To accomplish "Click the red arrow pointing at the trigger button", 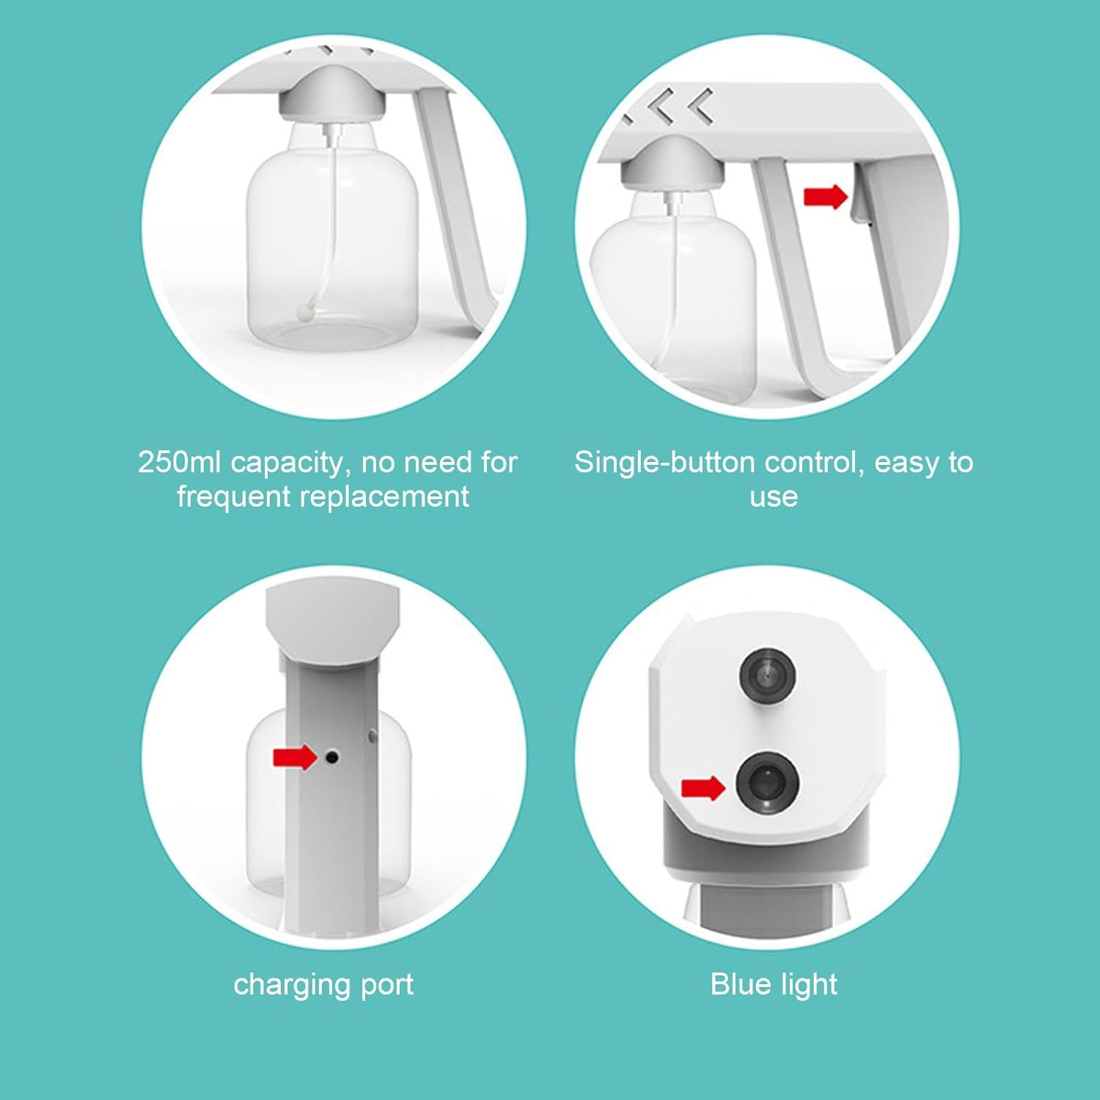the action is pos(826,197).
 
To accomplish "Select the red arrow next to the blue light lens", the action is pos(703,788).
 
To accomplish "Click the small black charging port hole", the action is pos(332,756).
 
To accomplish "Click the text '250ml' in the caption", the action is pos(180,462).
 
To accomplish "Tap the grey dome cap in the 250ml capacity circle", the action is pos(334,94).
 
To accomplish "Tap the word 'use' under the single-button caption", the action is pos(774,499).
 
